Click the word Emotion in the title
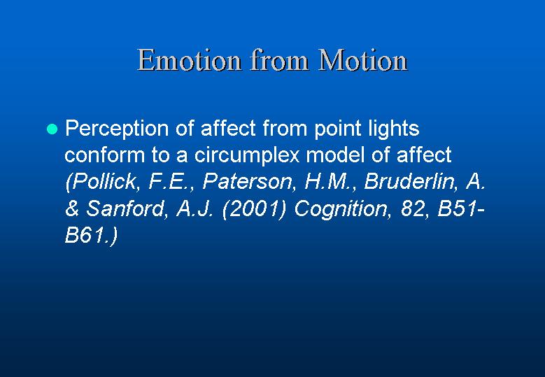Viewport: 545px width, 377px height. pos(189,60)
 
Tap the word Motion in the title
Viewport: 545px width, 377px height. pos(363,60)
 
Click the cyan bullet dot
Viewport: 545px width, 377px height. pos(52,129)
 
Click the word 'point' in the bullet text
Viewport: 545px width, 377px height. pos(337,129)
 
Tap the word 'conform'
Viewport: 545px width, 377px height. pos(104,155)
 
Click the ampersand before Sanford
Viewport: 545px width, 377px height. pos(72,209)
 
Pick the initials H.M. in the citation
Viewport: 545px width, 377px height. pos(329,181)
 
